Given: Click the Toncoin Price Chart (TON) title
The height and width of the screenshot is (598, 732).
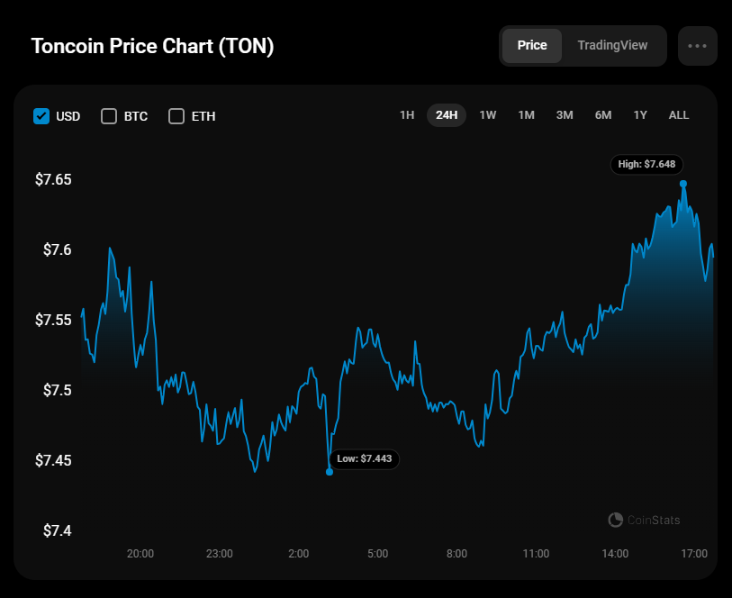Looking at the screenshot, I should [x=152, y=46].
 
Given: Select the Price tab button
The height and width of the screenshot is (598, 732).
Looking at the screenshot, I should [x=531, y=45].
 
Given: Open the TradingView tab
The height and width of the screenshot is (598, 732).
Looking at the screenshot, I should [x=612, y=45].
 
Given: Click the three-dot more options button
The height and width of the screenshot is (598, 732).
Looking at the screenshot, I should [x=697, y=46].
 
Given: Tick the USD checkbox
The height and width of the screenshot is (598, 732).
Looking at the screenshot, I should [x=41, y=116].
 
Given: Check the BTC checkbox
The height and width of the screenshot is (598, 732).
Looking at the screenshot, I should [x=109, y=116].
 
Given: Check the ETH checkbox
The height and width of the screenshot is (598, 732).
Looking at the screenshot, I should [x=176, y=116].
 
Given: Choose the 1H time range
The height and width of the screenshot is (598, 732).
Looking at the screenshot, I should [x=407, y=115].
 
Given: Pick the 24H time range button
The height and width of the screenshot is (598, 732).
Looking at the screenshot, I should [x=447, y=115].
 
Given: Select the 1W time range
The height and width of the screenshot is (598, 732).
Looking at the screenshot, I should [x=487, y=115].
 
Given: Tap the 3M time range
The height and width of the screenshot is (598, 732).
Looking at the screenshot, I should [x=565, y=115].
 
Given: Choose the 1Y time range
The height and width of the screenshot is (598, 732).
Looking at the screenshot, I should [x=640, y=115].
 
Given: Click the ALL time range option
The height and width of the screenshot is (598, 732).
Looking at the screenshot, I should [x=679, y=115].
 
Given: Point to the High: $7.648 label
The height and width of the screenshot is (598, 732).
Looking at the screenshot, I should [x=646, y=164].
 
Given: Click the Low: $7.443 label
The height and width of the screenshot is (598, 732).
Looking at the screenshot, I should [x=365, y=458].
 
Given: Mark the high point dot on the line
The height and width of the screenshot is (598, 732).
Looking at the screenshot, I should [x=683, y=184].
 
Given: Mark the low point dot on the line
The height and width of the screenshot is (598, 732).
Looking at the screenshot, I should [x=330, y=472].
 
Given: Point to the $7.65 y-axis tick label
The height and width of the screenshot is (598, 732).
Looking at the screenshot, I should [x=53, y=179].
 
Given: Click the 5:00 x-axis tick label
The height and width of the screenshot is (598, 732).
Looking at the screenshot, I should [x=377, y=553].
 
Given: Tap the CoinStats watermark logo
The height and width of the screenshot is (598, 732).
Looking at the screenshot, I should [x=616, y=520].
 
